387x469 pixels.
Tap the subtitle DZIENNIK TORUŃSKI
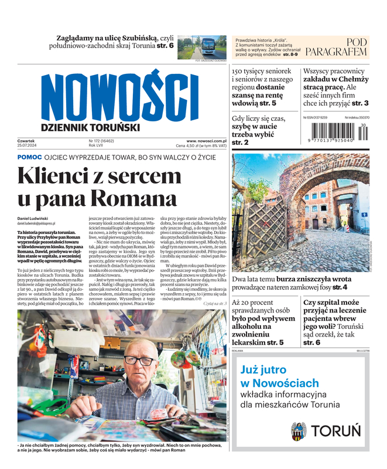click(x=90, y=127)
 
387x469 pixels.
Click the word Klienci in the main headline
click(x=58, y=175)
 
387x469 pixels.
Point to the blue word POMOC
click(x=29, y=158)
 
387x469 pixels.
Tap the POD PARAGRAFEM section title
click(x=337, y=47)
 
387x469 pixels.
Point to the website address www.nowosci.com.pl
click(x=206, y=141)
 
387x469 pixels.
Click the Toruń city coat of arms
click(x=299, y=431)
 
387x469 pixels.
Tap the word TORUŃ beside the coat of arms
click(x=335, y=431)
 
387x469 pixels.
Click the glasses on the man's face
click(x=141, y=360)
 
